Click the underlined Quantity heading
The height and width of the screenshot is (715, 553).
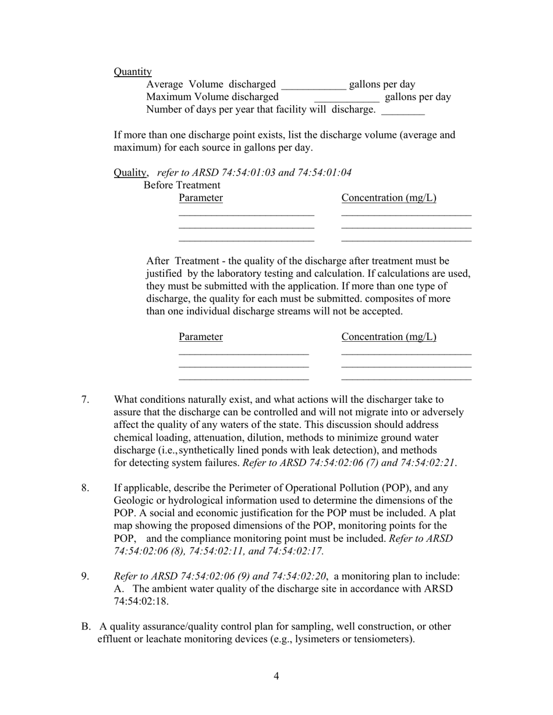(x=133, y=71)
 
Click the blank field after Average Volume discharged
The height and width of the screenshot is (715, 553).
(x=313, y=85)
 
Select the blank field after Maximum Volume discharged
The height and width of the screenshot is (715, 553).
(x=346, y=98)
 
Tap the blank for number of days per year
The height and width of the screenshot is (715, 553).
(x=403, y=110)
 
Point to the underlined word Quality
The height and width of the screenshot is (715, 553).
(x=130, y=173)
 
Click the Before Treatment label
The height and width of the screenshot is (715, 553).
(x=182, y=185)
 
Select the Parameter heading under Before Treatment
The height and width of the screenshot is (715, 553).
(x=201, y=198)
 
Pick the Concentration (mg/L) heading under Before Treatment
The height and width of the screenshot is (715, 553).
(x=389, y=198)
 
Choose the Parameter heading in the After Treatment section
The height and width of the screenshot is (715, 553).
(x=201, y=337)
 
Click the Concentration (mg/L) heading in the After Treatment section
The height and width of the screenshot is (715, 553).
(x=389, y=337)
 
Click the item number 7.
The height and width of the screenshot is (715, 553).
(x=85, y=400)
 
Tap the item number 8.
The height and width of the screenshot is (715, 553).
(x=85, y=488)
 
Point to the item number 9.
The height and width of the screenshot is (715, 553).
(x=85, y=577)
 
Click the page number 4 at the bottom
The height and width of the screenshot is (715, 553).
(x=276, y=676)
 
